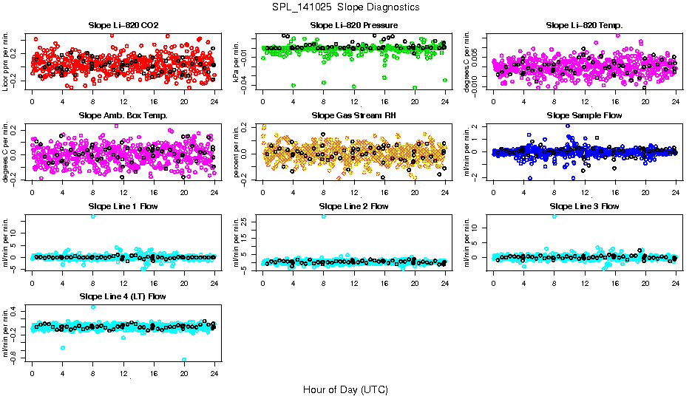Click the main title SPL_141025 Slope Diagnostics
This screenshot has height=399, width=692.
[345, 7]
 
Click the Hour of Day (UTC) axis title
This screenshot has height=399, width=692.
[345, 389]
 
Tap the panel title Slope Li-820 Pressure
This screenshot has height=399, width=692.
[353, 25]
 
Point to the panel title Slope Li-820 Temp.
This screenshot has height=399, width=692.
[584, 25]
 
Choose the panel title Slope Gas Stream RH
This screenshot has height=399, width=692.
[353, 115]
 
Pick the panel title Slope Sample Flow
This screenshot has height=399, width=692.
[584, 115]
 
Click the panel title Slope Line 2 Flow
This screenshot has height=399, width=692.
[353, 206]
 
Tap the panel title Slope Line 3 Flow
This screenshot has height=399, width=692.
[584, 206]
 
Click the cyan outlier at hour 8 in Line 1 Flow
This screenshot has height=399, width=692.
[92, 216]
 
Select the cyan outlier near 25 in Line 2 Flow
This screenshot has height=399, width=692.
[323, 216]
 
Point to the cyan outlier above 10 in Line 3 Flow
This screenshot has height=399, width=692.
[554, 216]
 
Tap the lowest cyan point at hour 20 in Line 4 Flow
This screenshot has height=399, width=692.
[184, 360]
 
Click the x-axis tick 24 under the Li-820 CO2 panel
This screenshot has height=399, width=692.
[214, 100]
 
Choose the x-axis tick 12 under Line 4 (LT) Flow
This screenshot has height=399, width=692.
[123, 372]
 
